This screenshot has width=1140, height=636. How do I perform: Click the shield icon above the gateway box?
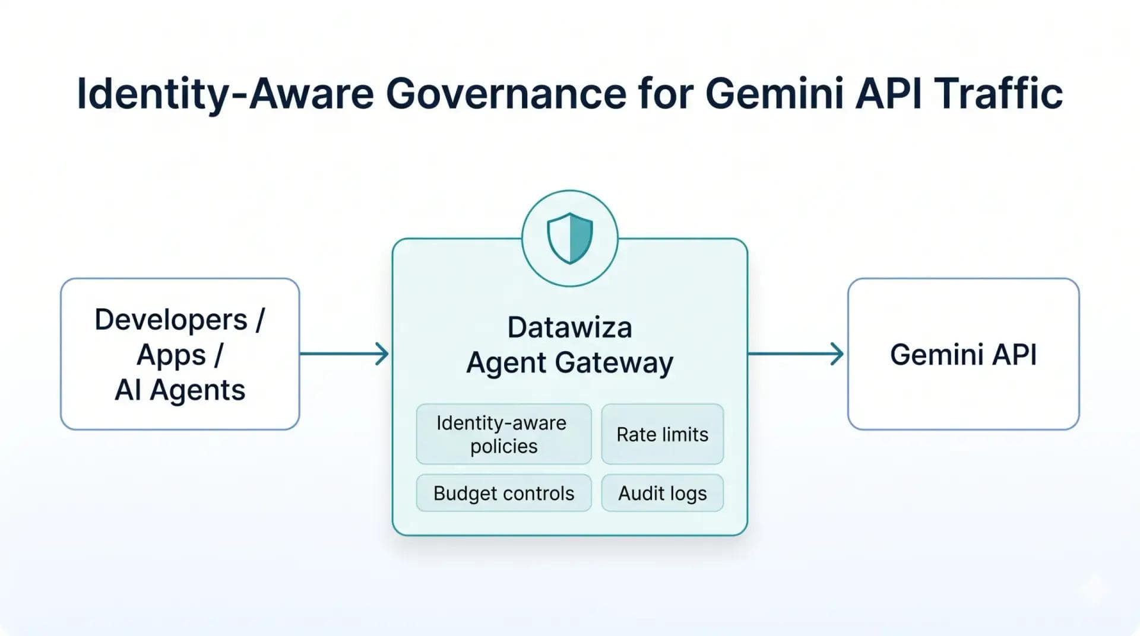(570, 238)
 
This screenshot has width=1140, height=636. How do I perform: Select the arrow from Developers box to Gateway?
(344, 354)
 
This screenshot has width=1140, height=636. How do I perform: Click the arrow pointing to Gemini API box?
(796, 354)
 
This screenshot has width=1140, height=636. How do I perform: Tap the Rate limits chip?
(663, 434)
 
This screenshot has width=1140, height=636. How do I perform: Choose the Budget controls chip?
(504, 493)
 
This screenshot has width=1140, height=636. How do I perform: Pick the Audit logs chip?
(663, 493)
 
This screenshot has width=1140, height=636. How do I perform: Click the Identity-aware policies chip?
(504, 434)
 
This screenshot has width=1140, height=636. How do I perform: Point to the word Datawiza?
(570, 327)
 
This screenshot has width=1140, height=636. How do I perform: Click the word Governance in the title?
(506, 94)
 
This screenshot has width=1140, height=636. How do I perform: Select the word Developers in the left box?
(171, 320)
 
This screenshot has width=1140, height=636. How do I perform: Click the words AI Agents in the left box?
(180, 390)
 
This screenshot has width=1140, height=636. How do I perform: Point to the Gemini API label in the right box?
(963, 354)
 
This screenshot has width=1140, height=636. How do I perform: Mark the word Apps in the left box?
(171, 355)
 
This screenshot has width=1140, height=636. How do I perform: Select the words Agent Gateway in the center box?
(570, 362)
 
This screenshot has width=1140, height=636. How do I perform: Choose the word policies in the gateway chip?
(504, 446)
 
